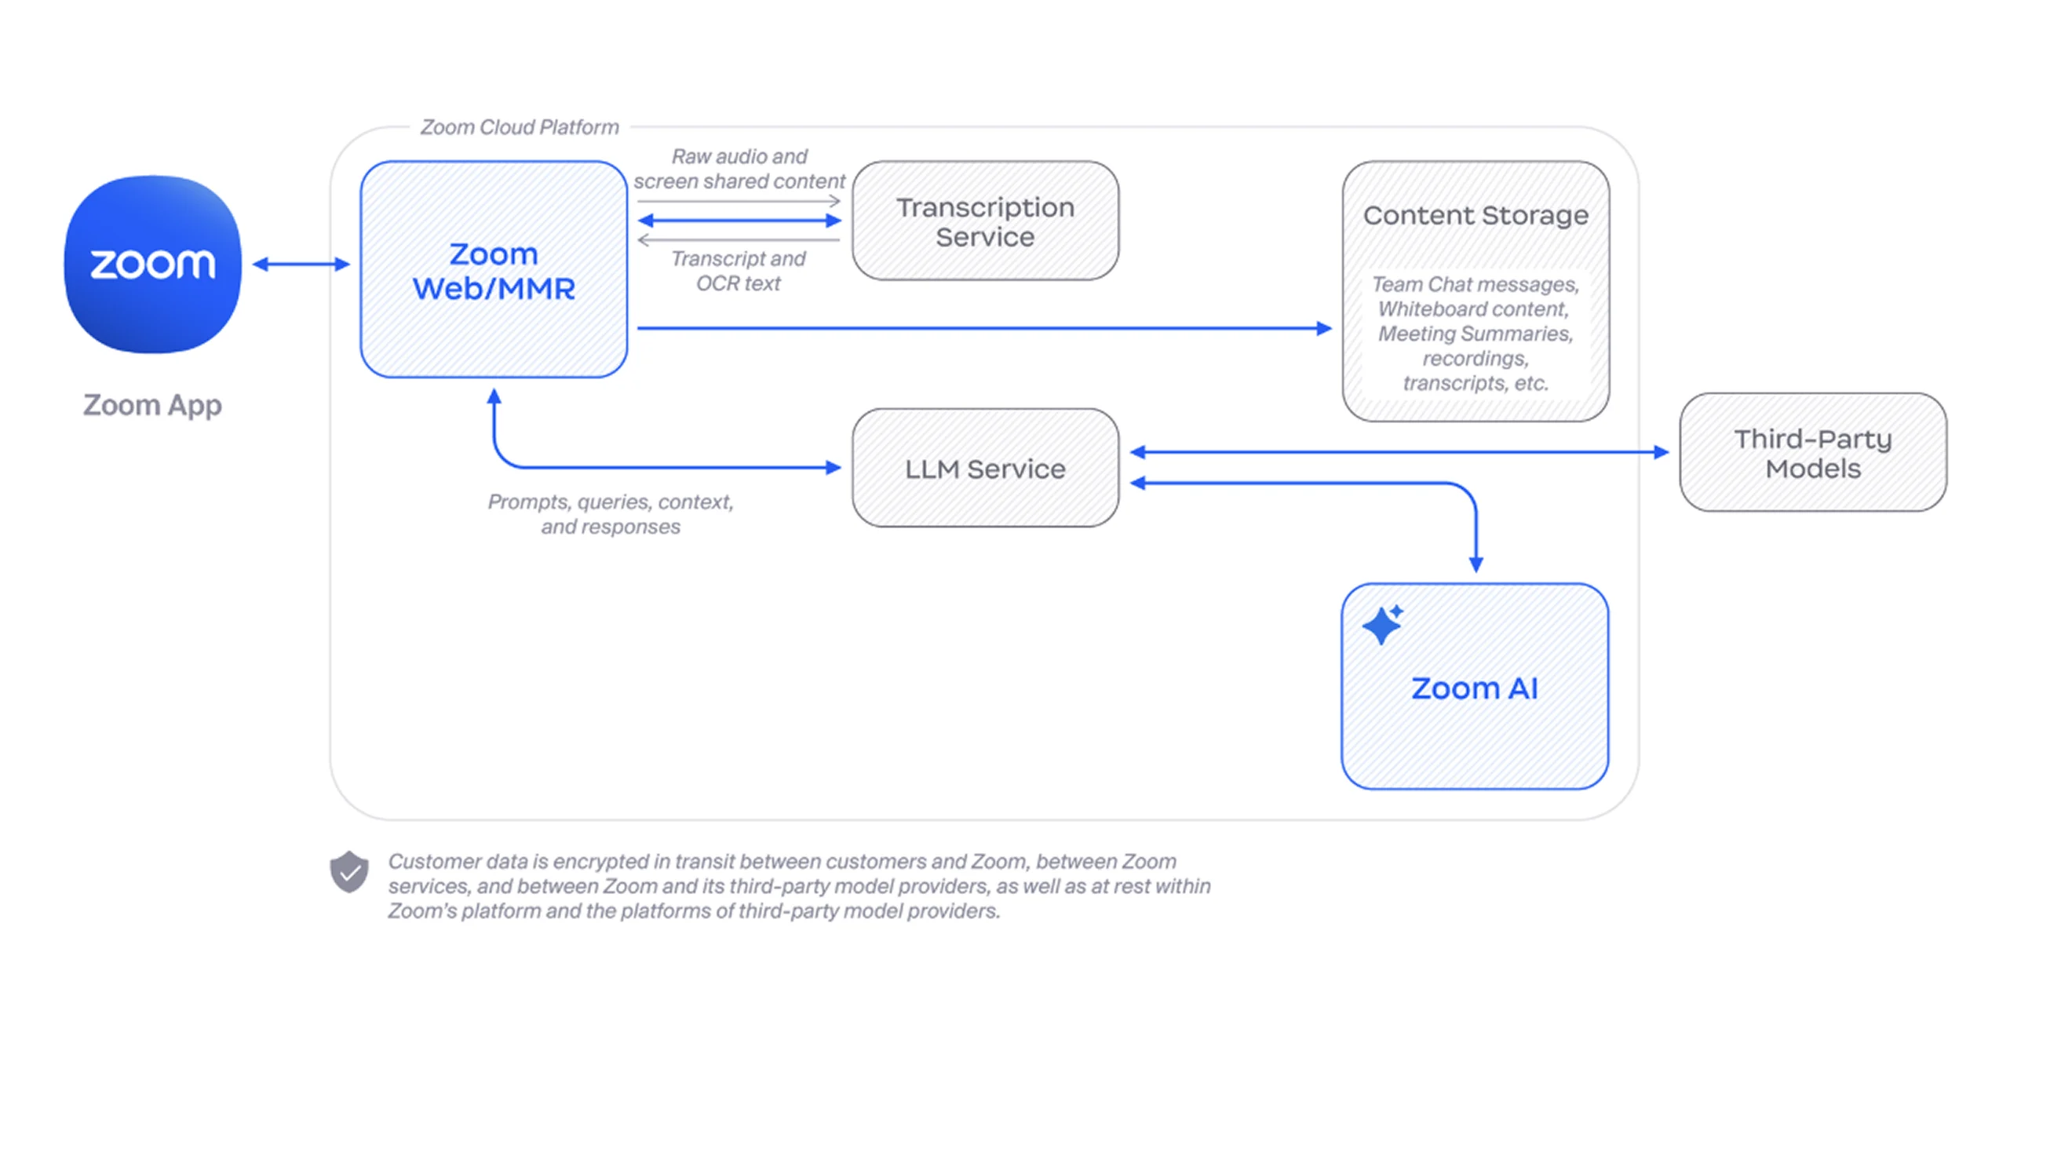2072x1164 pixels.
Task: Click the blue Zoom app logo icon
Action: tap(153, 264)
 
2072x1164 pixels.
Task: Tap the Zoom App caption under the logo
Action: tap(152, 405)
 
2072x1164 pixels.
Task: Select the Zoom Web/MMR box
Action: tap(494, 270)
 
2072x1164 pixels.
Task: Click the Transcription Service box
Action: tap(985, 221)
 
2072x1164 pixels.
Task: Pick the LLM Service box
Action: tap(985, 468)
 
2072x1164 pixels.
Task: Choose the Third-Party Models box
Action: tap(1813, 453)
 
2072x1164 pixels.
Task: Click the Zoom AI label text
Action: tap(1475, 688)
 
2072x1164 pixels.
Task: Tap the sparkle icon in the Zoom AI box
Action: tap(1383, 625)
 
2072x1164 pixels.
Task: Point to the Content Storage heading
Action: tap(1476, 216)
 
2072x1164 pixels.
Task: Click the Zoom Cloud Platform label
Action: tap(520, 127)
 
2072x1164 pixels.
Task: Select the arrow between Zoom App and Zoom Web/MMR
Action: tap(301, 264)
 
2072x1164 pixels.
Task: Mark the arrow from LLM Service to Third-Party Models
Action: tap(1399, 452)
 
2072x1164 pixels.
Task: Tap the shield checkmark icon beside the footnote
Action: tap(349, 871)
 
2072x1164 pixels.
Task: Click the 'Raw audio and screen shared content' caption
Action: tap(739, 169)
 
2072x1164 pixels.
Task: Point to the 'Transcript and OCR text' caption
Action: tap(739, 271)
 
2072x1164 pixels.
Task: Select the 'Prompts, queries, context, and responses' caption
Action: tap(611, 514)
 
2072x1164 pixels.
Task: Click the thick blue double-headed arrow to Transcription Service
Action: tap(739, 221)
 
